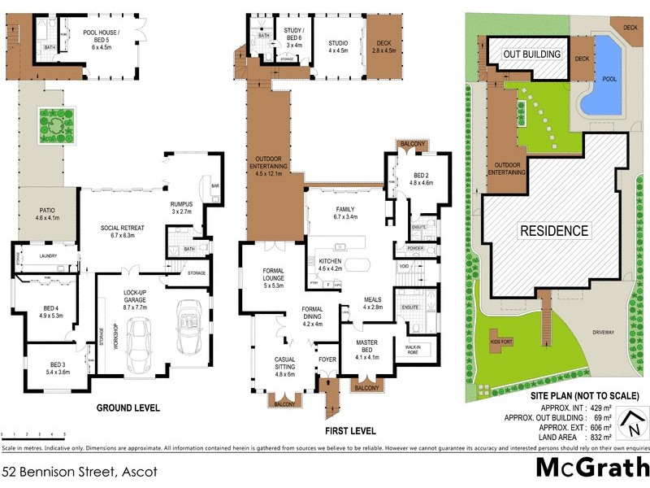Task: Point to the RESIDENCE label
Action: [x=553, y=230]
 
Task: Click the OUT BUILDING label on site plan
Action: [x=532, y=54]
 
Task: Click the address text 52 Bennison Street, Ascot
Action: [x=79, y=471]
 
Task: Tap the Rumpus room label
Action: [x=180, y=207]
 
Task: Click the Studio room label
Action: [x=338, y=46]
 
